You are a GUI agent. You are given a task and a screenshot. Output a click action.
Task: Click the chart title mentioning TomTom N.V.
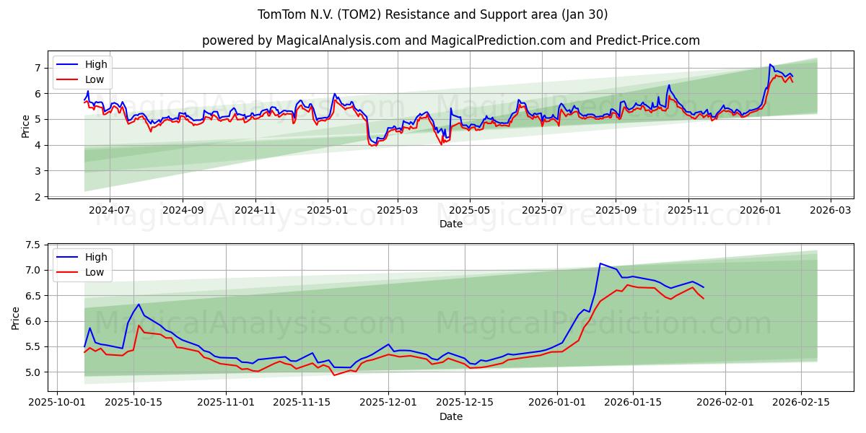tap(432, 14)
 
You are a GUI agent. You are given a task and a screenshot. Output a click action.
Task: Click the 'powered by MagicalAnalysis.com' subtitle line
tap(450, 40)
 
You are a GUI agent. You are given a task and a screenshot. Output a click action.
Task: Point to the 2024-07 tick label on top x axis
tap(110, 209)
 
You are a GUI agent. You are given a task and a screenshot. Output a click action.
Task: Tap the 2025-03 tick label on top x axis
tap(398, 209)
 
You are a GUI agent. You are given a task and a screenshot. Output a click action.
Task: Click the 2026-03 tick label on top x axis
tap(830, 209)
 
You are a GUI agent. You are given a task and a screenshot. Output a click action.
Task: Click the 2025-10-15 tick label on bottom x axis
tap(134, 402)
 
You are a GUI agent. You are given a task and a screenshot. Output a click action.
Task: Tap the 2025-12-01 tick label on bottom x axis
tap(388, 402)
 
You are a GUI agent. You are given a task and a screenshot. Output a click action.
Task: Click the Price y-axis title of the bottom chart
tap(16, 318)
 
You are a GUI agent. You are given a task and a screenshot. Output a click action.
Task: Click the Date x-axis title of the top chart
tap(450, 224)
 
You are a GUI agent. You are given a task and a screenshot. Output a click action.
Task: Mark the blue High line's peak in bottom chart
tap(600, 263)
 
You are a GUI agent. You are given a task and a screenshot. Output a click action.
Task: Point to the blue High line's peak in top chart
tap(770, 64)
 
